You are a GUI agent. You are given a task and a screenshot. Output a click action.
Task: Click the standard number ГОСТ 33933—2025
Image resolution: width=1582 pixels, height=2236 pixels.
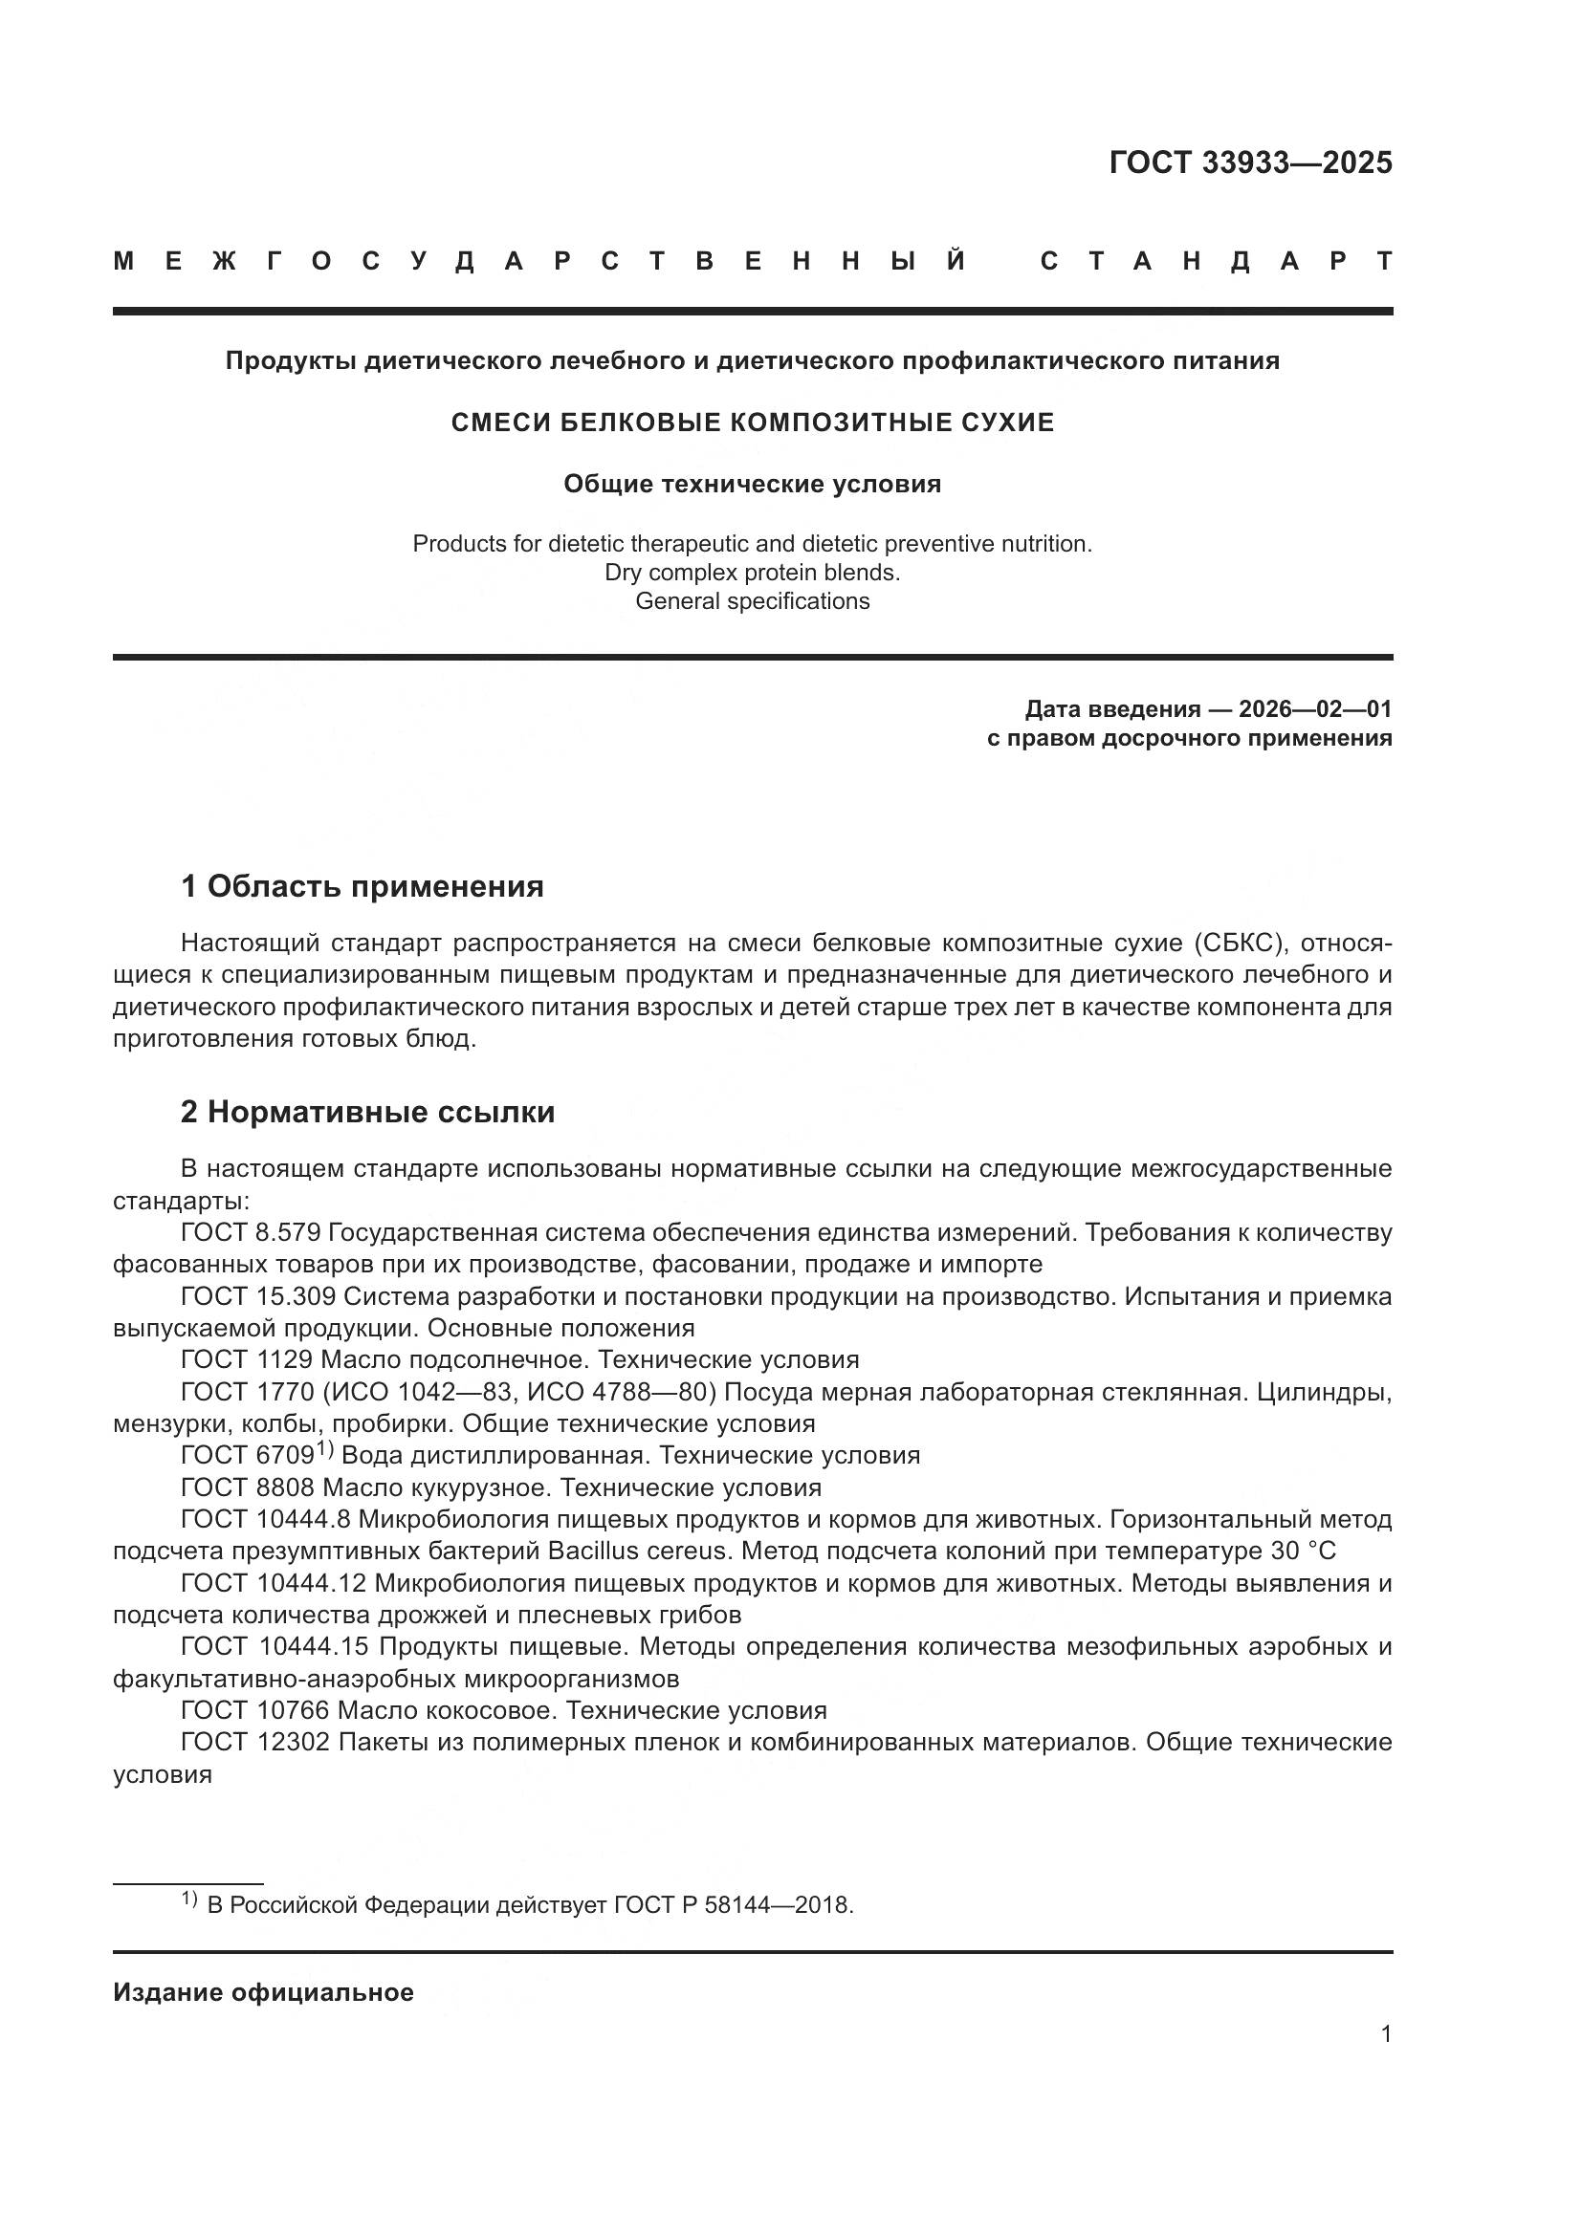pyautogui.click(x=1250, y=163)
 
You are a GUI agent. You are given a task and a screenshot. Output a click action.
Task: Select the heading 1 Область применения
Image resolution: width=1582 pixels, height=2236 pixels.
pyautogui.click(x=362, y=886)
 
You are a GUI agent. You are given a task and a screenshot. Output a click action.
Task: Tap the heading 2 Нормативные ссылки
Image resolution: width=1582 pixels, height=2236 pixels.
pyautogui.click(x=367, y=1111)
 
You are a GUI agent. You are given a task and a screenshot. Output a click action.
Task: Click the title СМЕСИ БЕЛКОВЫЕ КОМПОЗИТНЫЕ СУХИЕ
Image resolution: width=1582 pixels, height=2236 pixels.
pyautogui.click(x=752, y=423)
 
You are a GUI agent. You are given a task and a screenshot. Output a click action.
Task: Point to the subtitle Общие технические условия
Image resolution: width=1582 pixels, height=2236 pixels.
pyautogui.click(x=752, y=484)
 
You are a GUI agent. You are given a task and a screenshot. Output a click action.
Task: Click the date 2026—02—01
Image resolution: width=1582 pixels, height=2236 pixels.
pyautogui.click(x=1315, y=708)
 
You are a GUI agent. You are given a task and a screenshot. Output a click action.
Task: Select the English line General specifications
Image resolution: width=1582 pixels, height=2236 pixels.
pyautogui.click(x=752, y=601)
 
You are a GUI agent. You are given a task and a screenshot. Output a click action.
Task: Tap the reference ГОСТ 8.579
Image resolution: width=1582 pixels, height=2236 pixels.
pyautogui.click(x=251, y=1233)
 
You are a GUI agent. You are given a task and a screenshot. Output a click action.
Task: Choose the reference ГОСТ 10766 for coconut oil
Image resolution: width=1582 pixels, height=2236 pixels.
pyautogui.click(x=254, y=1710)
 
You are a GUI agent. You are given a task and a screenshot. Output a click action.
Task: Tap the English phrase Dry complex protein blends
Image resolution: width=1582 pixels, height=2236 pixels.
pyautogui.click(x=752, y=572)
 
